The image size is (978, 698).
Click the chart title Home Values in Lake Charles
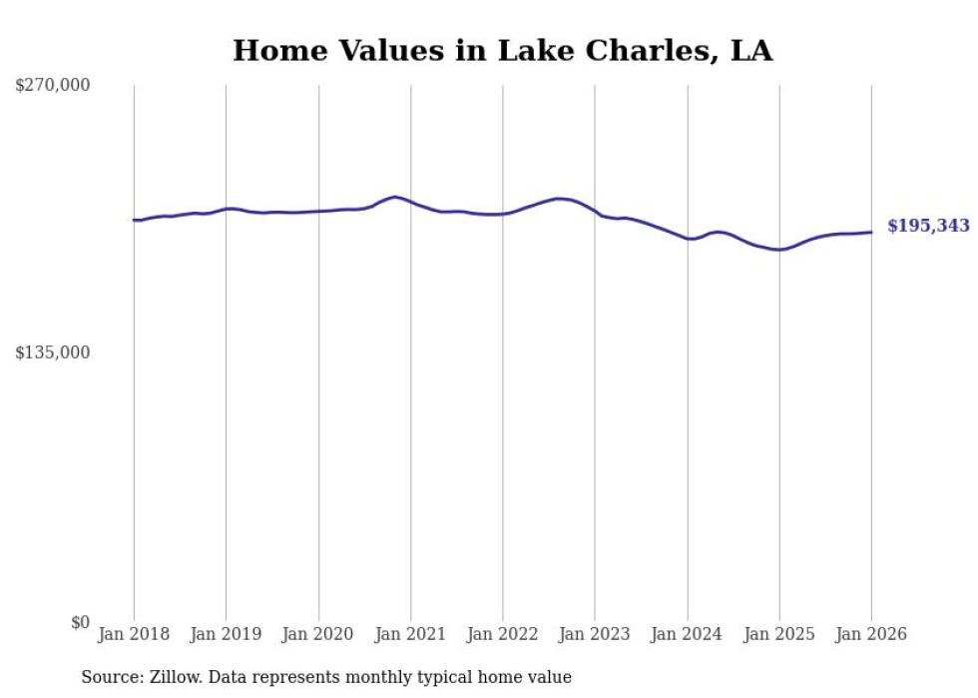tap(502, 50)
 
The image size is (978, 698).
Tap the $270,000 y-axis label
tap(52, 86)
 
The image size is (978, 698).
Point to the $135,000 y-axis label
tap(52, 352)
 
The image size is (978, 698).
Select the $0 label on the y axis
tap(80, 622)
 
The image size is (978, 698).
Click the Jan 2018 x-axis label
tap(134, 635)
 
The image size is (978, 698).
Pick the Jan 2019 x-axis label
tap(226, 635)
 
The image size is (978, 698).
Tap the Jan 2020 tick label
tap(318, 635)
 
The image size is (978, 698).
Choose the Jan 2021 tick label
tap(410, 635)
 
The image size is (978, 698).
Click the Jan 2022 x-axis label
tap(503, 635)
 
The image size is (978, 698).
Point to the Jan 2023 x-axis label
tap(595, 635)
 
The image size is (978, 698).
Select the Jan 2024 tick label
tap(688, 635)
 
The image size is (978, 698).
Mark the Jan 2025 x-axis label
tap(779, 635)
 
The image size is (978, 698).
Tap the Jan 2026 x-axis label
tap(871, 635)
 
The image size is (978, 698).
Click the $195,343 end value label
tap(928, 227)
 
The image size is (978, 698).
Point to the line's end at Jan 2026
tap(871, 232)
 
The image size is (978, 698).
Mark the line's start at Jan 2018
tap(134, 220)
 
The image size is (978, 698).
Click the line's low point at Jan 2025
tap(779, 250)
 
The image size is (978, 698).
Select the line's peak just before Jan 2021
tap(395, 197)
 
